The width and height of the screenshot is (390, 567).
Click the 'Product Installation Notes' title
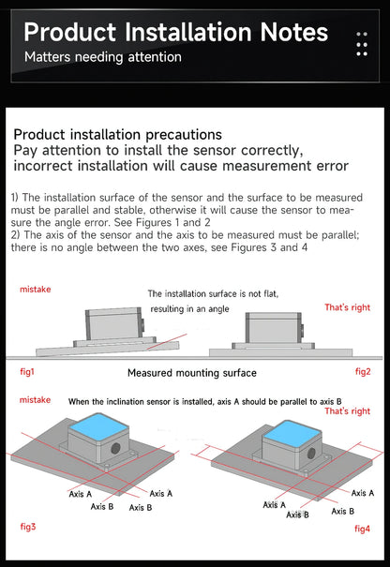(x=176, y=32)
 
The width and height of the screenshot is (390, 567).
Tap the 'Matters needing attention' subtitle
(x=103, y=57)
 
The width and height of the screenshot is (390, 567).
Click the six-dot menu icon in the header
(x=362, y=44)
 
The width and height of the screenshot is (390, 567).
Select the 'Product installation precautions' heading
(x=117, y=135)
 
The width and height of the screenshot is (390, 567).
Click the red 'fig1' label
(x=27, y=371)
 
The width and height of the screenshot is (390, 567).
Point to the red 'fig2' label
(x=363, y=371)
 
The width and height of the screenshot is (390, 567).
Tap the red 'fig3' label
(x=28, y=527)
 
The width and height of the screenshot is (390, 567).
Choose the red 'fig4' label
(x=362, y=529)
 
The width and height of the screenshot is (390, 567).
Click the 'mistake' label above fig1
(x=35, y=290)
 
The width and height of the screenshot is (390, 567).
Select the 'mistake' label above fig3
(x=35, y=400)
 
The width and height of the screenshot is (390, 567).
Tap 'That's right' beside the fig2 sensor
(x=347, y=307)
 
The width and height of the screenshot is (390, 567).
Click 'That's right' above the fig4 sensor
(x=347, y=411)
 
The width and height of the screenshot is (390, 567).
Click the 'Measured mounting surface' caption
(x=192, y=373)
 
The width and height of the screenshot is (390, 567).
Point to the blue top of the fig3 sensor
(x=98, y=427)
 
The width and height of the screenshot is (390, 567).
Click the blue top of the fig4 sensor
(x=292, y=433)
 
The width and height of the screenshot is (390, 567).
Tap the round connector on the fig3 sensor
(x=115, y=448)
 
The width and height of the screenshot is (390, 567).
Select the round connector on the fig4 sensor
(x=311, y=453)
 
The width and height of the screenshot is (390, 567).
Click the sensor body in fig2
(x=274, y=328)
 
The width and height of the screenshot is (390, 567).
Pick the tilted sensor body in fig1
(x=114, y=324)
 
